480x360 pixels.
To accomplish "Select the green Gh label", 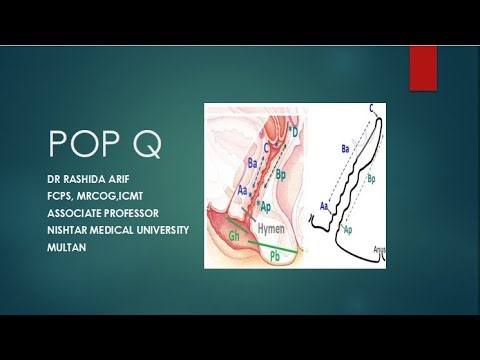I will click(x=234, y=236).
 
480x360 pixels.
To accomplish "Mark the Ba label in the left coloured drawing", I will click(x=252, y=160).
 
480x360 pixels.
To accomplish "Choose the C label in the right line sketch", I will click(x=372, y=107).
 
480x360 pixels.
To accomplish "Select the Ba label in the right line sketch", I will click(x=345, y=148).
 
